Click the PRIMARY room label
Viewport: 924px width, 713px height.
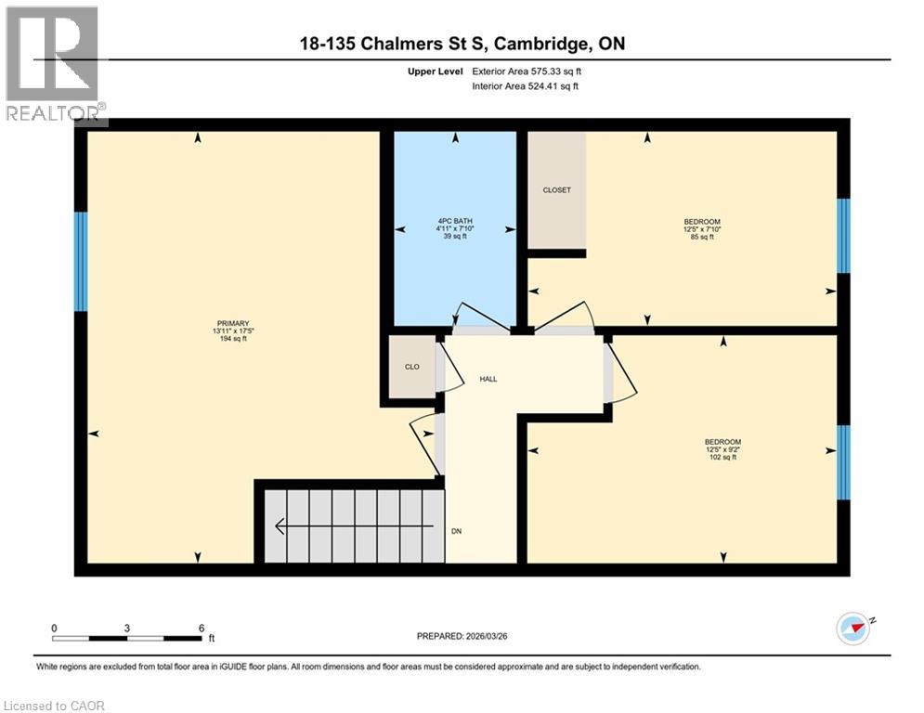point(231,323)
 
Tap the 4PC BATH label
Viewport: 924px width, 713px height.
point(455,221)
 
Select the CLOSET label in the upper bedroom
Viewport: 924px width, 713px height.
point(556,190)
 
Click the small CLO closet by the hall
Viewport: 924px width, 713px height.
point(411,367)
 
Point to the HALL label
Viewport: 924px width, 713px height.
point(488,380)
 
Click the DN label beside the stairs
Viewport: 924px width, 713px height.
point(456,532)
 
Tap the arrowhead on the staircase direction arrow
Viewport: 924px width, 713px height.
point(280,526)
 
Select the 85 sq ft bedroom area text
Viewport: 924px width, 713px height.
point(701,238)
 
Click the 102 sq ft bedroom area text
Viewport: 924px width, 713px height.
point(722,458)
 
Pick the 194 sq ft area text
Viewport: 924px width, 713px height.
point(231,340)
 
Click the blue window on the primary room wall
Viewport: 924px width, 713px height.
point(81,262)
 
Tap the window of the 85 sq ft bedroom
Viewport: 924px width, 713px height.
point(843,236)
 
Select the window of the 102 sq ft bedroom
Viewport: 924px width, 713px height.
point(843,461)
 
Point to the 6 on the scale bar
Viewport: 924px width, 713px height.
point(202,629)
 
